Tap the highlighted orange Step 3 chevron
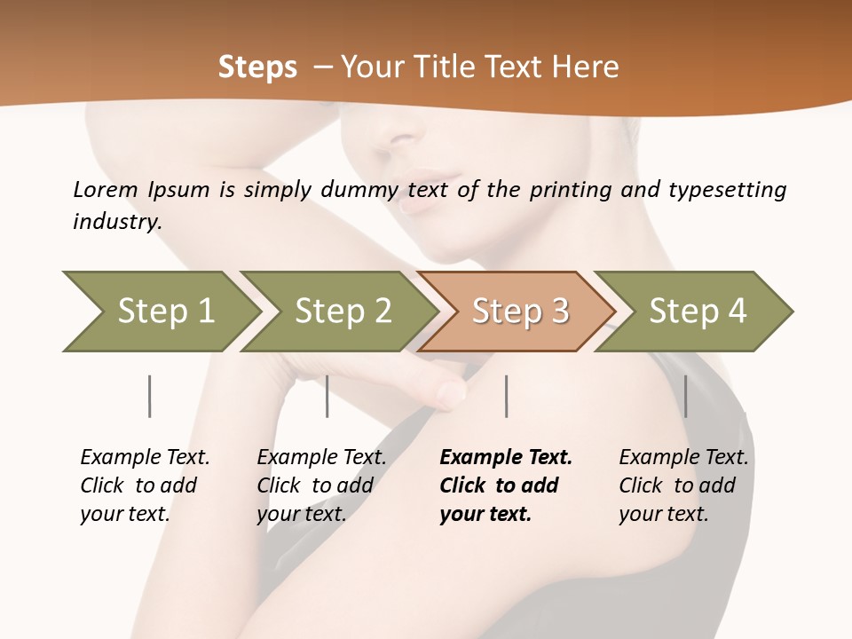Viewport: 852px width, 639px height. pos(520,311)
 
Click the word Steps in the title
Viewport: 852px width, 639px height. pos(257,67)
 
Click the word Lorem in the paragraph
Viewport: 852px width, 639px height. pos(106,189)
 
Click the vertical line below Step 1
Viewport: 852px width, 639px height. pos(149,396)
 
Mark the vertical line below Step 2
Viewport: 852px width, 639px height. pos(327,396)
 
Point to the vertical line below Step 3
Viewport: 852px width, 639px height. pos(506,396)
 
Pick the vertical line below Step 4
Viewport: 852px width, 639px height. pos(685,396)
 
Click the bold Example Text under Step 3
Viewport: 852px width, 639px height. pos(506,457)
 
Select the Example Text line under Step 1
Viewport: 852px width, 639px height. pos(145,457)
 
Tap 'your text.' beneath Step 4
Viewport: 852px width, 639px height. pos(663,514)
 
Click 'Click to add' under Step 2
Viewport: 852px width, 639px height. pos(315,485)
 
